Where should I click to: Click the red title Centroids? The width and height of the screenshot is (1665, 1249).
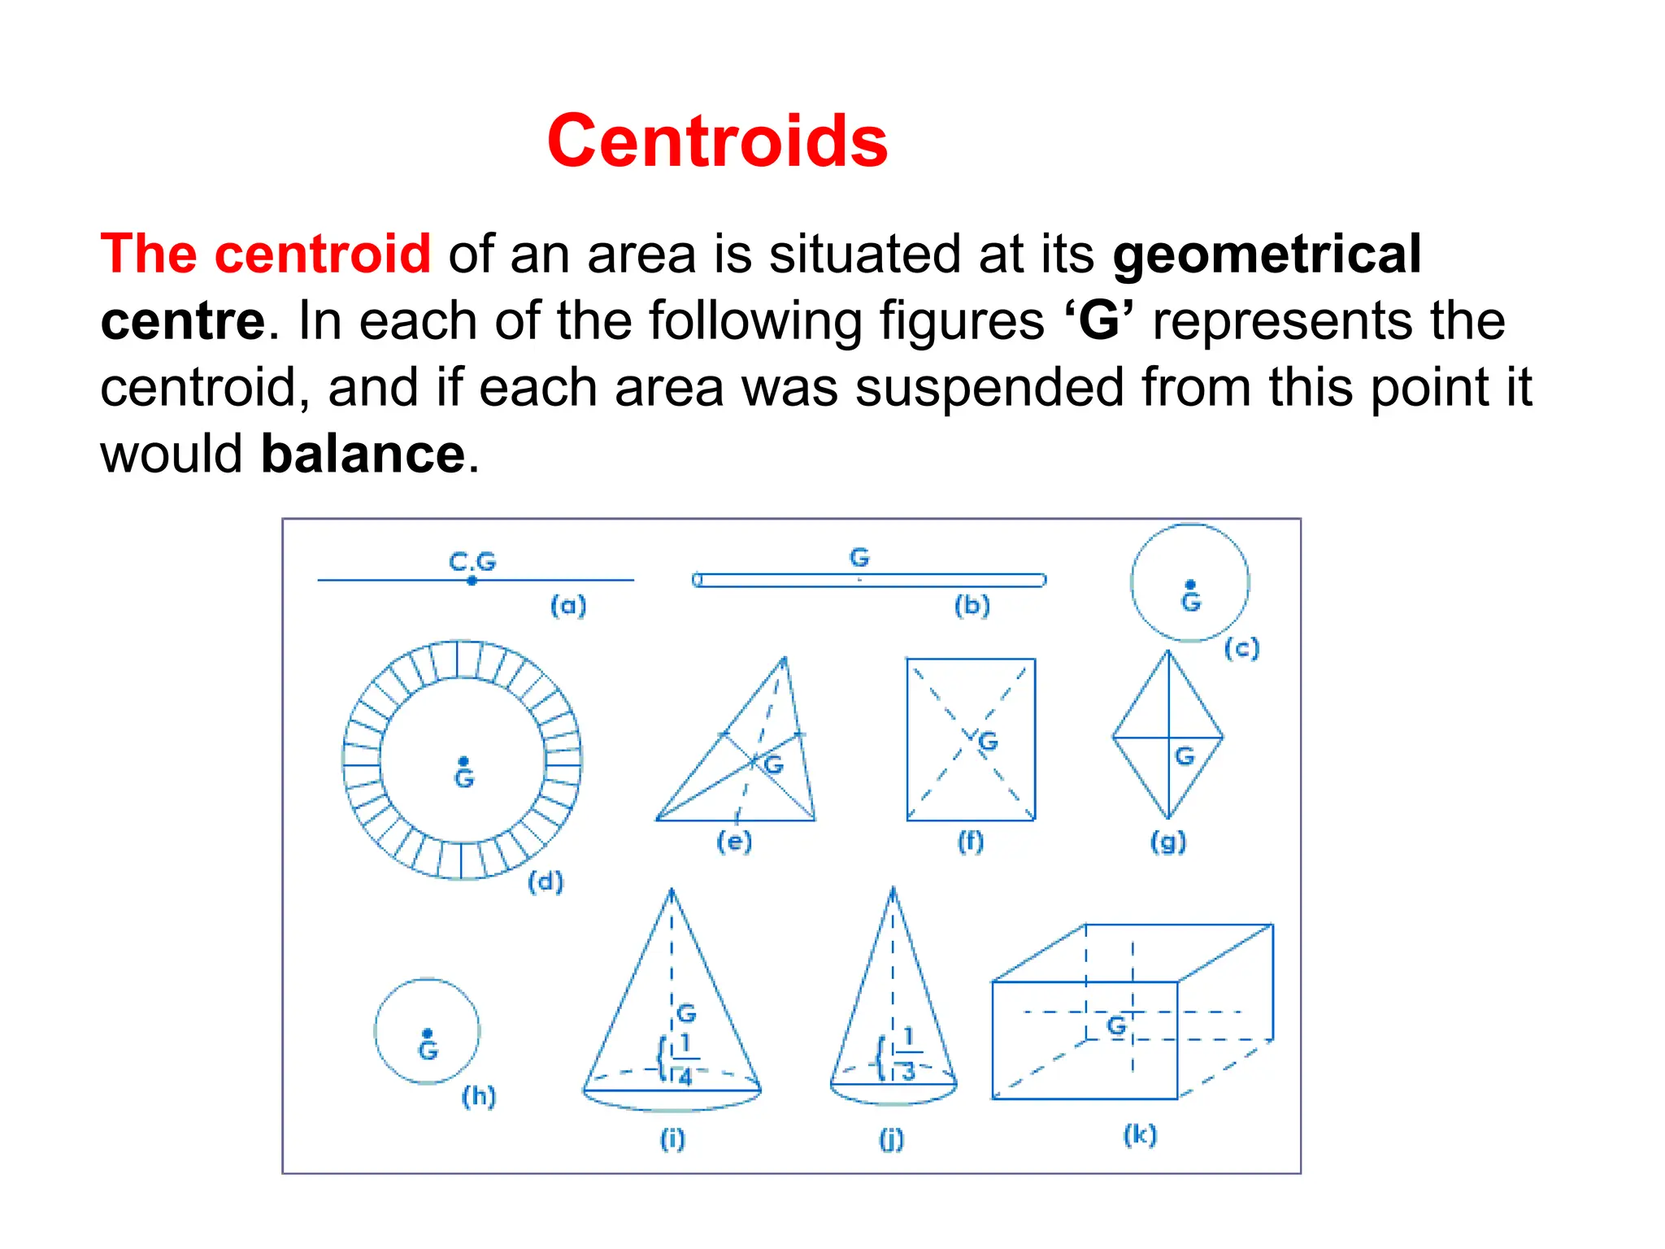[x=717, y=141]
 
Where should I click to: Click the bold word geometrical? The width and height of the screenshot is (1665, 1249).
[x=1266, y=255]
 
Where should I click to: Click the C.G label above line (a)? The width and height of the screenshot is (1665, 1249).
[x=472, y=561]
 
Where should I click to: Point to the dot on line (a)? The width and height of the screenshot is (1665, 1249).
[x=472, y=581]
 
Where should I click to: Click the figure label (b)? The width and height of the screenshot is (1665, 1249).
[x=972, y=605]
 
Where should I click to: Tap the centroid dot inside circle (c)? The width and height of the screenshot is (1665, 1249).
[x=1190, y=585]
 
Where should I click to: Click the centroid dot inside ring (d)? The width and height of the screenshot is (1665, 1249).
[x=463, y=761]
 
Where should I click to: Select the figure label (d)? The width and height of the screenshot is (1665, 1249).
[x=546, y=881]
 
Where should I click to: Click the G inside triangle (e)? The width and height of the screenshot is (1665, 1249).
[x=773, y=764]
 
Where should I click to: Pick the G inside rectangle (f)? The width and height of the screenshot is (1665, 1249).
[x=988, y=741]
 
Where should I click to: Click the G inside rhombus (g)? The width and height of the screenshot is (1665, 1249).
[x=1185, y=756]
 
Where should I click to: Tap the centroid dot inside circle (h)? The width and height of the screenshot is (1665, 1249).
[x=428, y=1034]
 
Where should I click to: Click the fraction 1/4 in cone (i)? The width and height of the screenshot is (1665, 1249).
[x=685, y=1060]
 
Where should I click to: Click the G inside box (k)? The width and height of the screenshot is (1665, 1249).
[x=1117, y=1025]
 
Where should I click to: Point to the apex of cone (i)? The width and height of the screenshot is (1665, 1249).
[x=672, y=890]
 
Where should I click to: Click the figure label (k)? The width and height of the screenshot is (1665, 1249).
[x=1140, y=1134]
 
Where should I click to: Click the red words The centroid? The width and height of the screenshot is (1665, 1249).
[x=265, y=255]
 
